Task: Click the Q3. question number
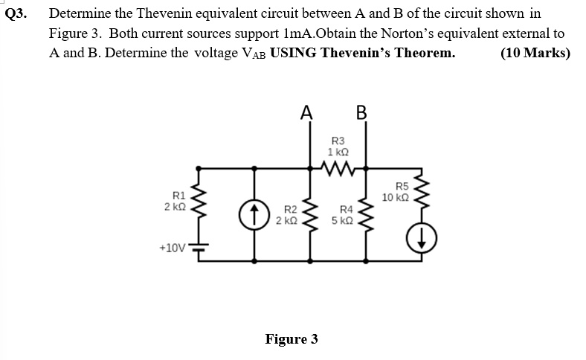pos(16,14)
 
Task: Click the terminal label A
pos(305,112)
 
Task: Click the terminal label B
pos(362,112)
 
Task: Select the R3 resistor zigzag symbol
pos(337,170)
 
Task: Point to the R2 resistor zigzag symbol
pos(310,216)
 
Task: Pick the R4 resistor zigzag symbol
pos(367,216)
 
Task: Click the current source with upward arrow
pos(254,215)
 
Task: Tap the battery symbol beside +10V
pos(199,248)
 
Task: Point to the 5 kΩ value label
pos(344,221)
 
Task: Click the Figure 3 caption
pos(292,339)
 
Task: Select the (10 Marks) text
pos(535,53)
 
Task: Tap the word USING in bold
pos(294,53)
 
